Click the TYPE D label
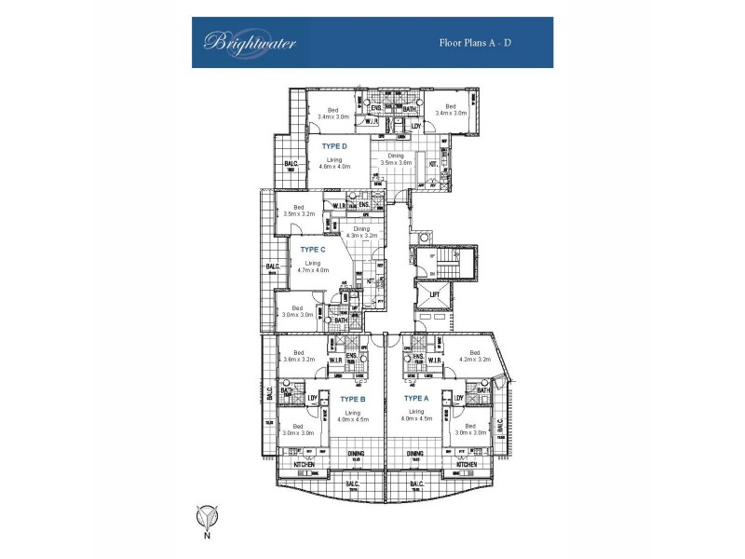(x=334, y=146)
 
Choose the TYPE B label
(x=355, y=398)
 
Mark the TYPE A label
(x=415, y=398)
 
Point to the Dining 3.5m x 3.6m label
(x=396, y=159)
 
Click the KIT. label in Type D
(x=433, y=165)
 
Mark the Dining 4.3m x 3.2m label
(x=361, y=232)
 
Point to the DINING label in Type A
(x=414, y=455)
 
